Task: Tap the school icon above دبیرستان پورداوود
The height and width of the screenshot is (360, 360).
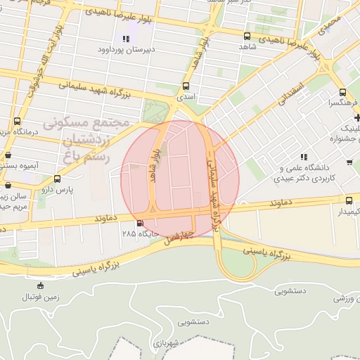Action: click(x=126, y=39)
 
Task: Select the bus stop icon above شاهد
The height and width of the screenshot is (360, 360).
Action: click(x=246, y=36)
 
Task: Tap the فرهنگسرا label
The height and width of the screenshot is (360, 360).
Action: click(x=341, y=102)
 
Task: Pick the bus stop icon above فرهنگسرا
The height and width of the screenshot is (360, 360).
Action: click(x=342, y=92)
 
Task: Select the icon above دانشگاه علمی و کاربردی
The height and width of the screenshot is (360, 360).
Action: click(x=303, y=157)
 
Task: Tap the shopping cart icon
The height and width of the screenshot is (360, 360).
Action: click(x=349, y=162)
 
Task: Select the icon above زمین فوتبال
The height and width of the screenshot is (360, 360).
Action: click(x=41, y=285)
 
